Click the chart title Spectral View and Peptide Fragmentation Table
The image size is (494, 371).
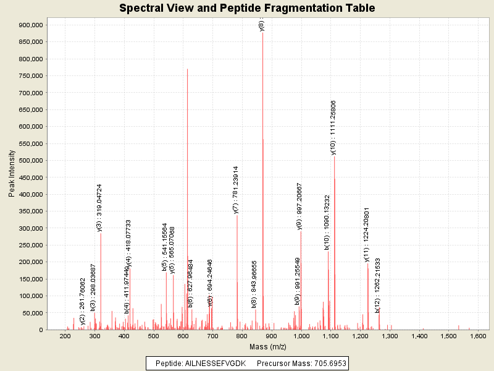[247, 8]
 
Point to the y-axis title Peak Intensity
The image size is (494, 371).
[12, 173]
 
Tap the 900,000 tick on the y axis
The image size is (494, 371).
[30, 25]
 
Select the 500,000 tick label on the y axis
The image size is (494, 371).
[30, 161]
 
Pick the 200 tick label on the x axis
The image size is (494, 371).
[65, 336]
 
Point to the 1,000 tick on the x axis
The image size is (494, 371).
[301, 336]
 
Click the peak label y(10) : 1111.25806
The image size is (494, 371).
[333, 127]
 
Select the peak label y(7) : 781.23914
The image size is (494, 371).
[236, 189]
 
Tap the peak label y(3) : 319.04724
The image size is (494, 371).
[99, 207]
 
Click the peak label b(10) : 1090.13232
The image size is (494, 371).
[327, 223]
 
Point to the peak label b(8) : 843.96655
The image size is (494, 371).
[254, 284]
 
